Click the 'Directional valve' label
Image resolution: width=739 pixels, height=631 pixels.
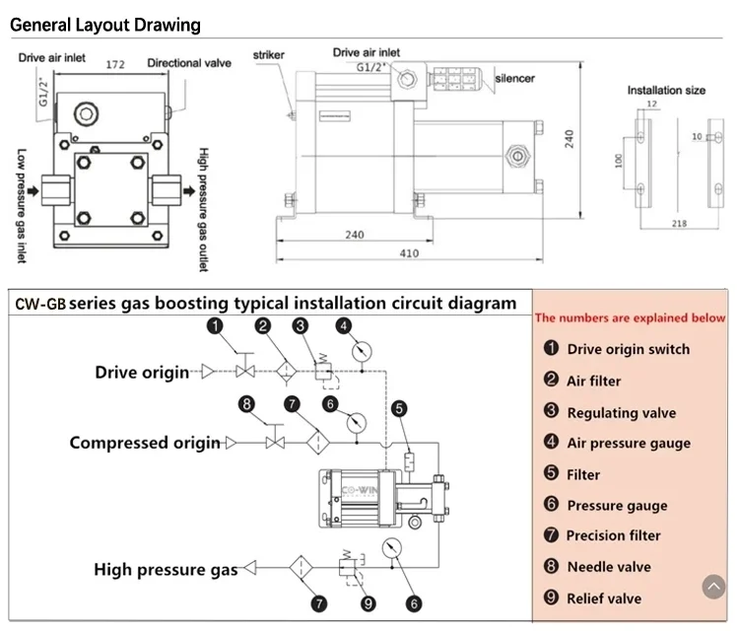(189, 63)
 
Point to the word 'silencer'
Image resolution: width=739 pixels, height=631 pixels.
(514, 78)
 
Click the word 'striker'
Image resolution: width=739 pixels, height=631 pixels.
(269, 55)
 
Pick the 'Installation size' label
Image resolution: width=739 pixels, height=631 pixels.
(666, 90)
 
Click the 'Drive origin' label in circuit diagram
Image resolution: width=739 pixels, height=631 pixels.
(141, 372)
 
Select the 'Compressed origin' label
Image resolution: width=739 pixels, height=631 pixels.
(145, 443)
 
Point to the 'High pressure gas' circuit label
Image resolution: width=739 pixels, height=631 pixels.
(166, 569)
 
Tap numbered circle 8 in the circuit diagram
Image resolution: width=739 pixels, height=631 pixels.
(246, 402)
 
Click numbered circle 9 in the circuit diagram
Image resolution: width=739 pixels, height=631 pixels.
(368, 603)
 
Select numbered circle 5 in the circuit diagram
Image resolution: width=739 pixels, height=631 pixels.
(398, 408)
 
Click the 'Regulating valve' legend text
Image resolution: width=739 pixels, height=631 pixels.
(621, 413)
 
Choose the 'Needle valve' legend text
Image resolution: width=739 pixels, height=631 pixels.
(609, 567)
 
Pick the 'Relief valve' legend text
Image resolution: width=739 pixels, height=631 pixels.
(604, 598)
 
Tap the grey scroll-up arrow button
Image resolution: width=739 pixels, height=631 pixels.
(712, 588)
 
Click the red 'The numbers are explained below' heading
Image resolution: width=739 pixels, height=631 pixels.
(630, 317)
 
